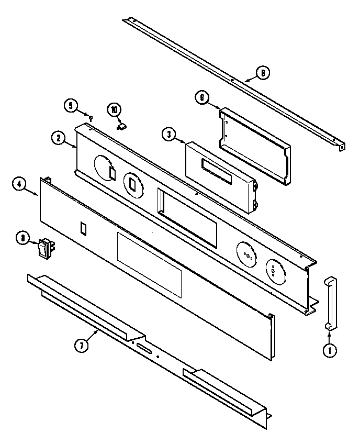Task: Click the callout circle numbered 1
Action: point(330,351)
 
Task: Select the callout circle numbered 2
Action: point(59,138)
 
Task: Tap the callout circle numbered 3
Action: point(168,135)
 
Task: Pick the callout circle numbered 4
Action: point(19,184)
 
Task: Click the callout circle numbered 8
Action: point(22,239)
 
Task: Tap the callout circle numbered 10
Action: point(115,109)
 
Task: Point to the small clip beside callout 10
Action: point(121,126)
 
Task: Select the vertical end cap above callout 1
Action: point(330,303)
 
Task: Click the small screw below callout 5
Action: point(91,118)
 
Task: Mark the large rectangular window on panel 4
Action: point(149,265)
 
